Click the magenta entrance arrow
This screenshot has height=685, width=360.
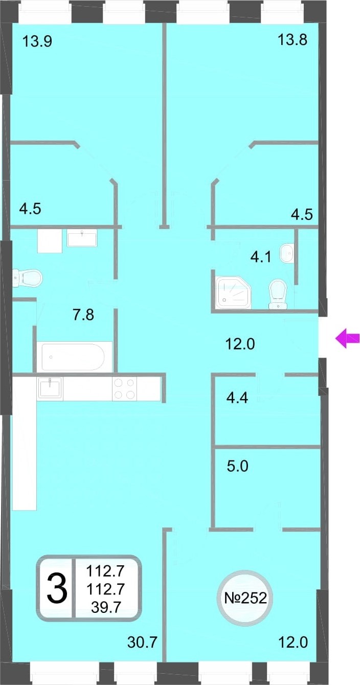point(347,338)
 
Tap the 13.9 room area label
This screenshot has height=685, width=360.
point(37,41)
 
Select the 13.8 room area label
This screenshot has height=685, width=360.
point(292,40)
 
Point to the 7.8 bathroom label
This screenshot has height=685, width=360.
point(83,315)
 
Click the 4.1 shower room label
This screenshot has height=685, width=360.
point(261,257)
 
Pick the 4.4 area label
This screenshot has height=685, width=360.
point(237,397)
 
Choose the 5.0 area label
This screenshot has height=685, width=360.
point(237,467)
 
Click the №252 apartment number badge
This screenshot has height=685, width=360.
point(245,598)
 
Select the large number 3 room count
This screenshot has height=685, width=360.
point(57,588)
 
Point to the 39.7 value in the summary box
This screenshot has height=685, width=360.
point(106,607)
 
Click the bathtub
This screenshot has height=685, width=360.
point(74,357)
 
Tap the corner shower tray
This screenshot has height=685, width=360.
point(233,292)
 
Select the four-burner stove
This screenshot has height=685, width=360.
point(124,389)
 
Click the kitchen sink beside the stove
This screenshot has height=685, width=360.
point(50,388)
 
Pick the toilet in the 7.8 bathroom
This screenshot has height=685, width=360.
point(27,278)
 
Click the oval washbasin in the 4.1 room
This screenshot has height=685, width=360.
point(287,253)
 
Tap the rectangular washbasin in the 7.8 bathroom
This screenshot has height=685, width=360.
point(82,238)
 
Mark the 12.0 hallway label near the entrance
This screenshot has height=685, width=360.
point(240,344)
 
